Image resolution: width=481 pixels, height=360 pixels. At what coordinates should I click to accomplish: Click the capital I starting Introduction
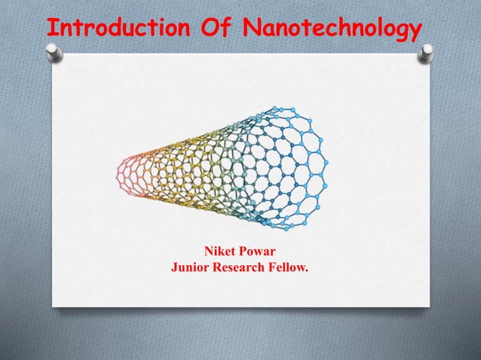pyautogui.click(x=52, y=29)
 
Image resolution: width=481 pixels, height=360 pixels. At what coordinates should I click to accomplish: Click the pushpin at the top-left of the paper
pyautogui.click(x=53, y=52)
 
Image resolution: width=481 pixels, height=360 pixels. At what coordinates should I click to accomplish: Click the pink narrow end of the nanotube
pyautogui.click(x=126, y=174)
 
